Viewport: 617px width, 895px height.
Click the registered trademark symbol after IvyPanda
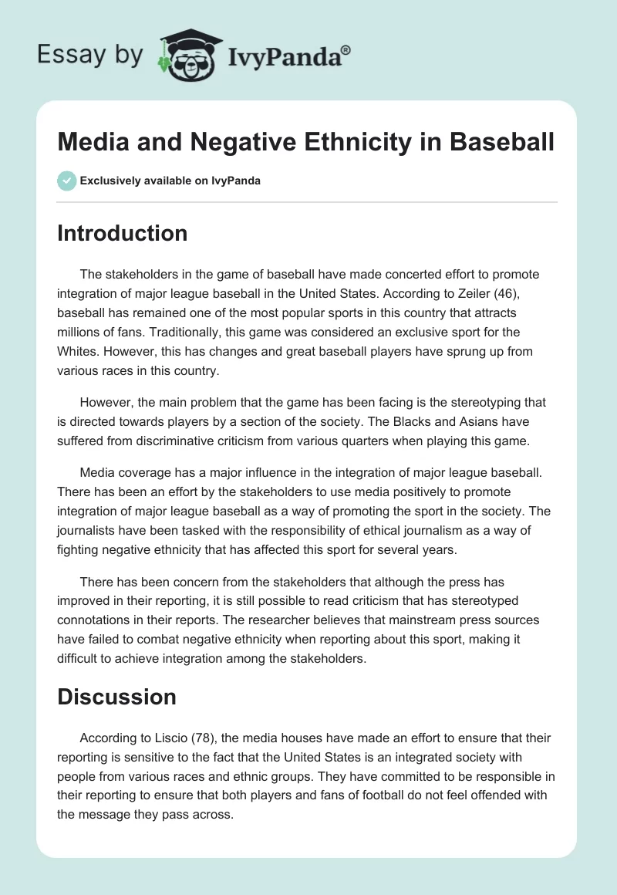click(346, 50)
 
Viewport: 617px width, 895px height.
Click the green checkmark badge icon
click(67, 181)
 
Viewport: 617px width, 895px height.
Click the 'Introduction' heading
click(122, 233)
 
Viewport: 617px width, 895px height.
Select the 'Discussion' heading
click(116, 697)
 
